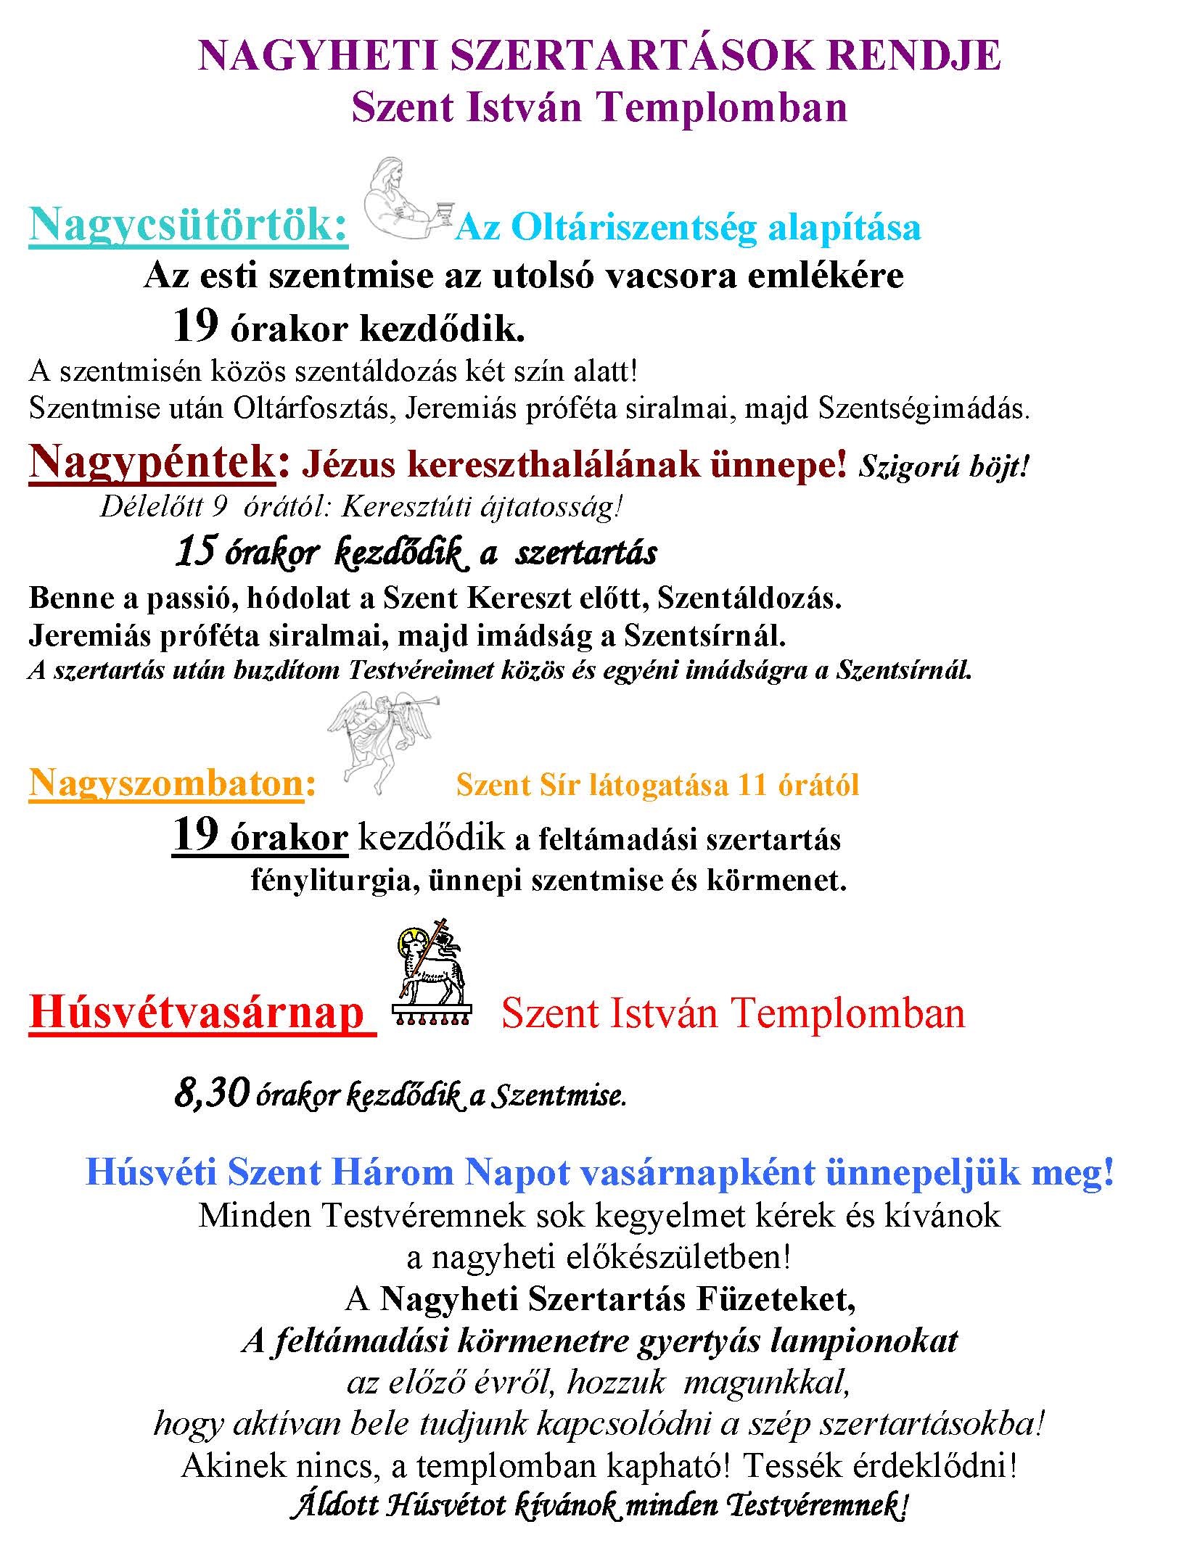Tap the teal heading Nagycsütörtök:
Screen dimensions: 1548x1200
(189, 226)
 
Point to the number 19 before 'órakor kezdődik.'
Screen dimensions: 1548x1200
(195, 327)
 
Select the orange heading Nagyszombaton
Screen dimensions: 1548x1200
(165, 784)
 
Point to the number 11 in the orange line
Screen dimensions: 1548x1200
(752, 786)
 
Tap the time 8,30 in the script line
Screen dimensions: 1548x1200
(211, 1093)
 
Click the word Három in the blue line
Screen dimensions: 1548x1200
(389, 1173)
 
